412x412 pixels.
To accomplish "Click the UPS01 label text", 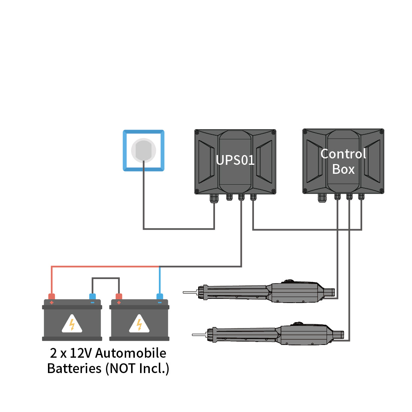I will (235, 160).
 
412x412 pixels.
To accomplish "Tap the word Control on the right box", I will (343, 154).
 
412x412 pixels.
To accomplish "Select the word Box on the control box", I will (343, 169).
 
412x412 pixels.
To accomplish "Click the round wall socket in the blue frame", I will (143, 150).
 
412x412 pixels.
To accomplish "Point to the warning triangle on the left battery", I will (72, 324).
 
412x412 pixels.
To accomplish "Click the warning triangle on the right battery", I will (139, 324).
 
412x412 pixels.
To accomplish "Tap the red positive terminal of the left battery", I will (52, 297).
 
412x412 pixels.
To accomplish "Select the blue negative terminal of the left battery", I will (93, 297).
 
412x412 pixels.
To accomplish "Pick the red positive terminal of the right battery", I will (119, 297).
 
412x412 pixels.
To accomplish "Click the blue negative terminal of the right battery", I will (160, 297).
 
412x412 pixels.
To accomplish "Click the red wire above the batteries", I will (105, 267).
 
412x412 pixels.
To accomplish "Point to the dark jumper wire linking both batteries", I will (106, 278).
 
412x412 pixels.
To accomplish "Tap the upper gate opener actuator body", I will (296, 293).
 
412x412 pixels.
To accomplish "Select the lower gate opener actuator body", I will (305, 334).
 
